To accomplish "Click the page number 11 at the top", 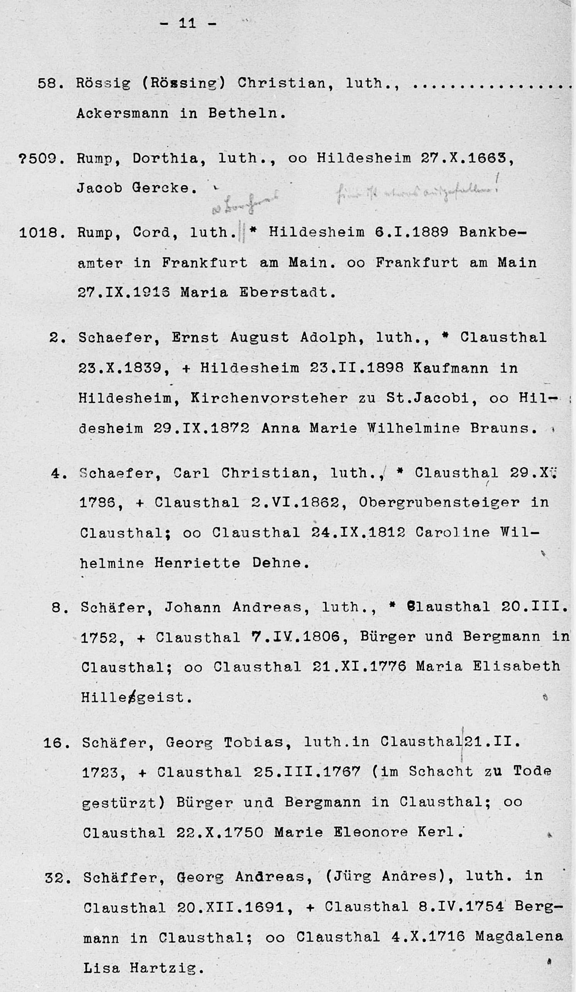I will (187, 23).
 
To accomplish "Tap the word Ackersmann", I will (122, 113).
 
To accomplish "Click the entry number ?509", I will (38, 159).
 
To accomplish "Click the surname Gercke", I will (164, 188).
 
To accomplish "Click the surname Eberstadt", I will (287, 293).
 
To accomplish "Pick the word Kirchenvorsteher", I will (269, 398).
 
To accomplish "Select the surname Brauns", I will (504, 428).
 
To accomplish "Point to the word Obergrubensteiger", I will (440, 502).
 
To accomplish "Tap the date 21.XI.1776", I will (359, 666).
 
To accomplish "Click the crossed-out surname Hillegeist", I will (136, 697).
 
